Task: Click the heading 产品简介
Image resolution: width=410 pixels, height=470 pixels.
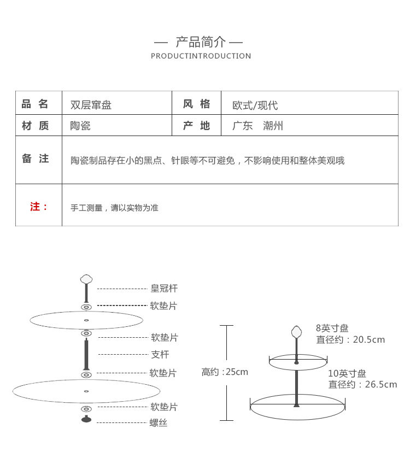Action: coord(200,42)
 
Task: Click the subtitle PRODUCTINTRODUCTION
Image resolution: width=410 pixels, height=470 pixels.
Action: coord(201,56)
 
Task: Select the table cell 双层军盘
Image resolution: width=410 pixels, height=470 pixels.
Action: coord(91,105)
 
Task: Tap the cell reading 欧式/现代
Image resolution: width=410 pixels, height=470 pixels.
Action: coord(255,105)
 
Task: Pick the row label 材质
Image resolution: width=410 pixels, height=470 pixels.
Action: coord(36,126)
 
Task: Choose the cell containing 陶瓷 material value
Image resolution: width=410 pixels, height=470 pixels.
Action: coord(80,126)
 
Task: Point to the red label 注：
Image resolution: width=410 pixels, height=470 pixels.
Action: coord(39,207)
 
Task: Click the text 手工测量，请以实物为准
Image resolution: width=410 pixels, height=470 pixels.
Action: coord(114,208)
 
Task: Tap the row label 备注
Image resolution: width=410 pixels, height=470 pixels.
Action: coord(36,158)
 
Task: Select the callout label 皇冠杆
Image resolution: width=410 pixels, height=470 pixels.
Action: coord(164,288)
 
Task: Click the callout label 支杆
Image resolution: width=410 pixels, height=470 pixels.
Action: coord(160,355)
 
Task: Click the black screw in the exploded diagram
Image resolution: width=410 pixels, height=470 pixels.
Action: coord(86,419)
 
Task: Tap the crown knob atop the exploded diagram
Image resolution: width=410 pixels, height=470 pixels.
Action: coord(86,279)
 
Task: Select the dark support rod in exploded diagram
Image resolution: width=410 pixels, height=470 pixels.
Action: coord(86,354)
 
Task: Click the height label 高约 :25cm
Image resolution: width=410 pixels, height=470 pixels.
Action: coord(225,372)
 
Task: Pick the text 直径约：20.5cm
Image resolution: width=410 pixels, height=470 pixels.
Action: coord(350,339)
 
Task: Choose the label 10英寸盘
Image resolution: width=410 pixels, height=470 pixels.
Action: coord(347,373)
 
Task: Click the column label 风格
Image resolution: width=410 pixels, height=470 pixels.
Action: coord(196,104)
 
